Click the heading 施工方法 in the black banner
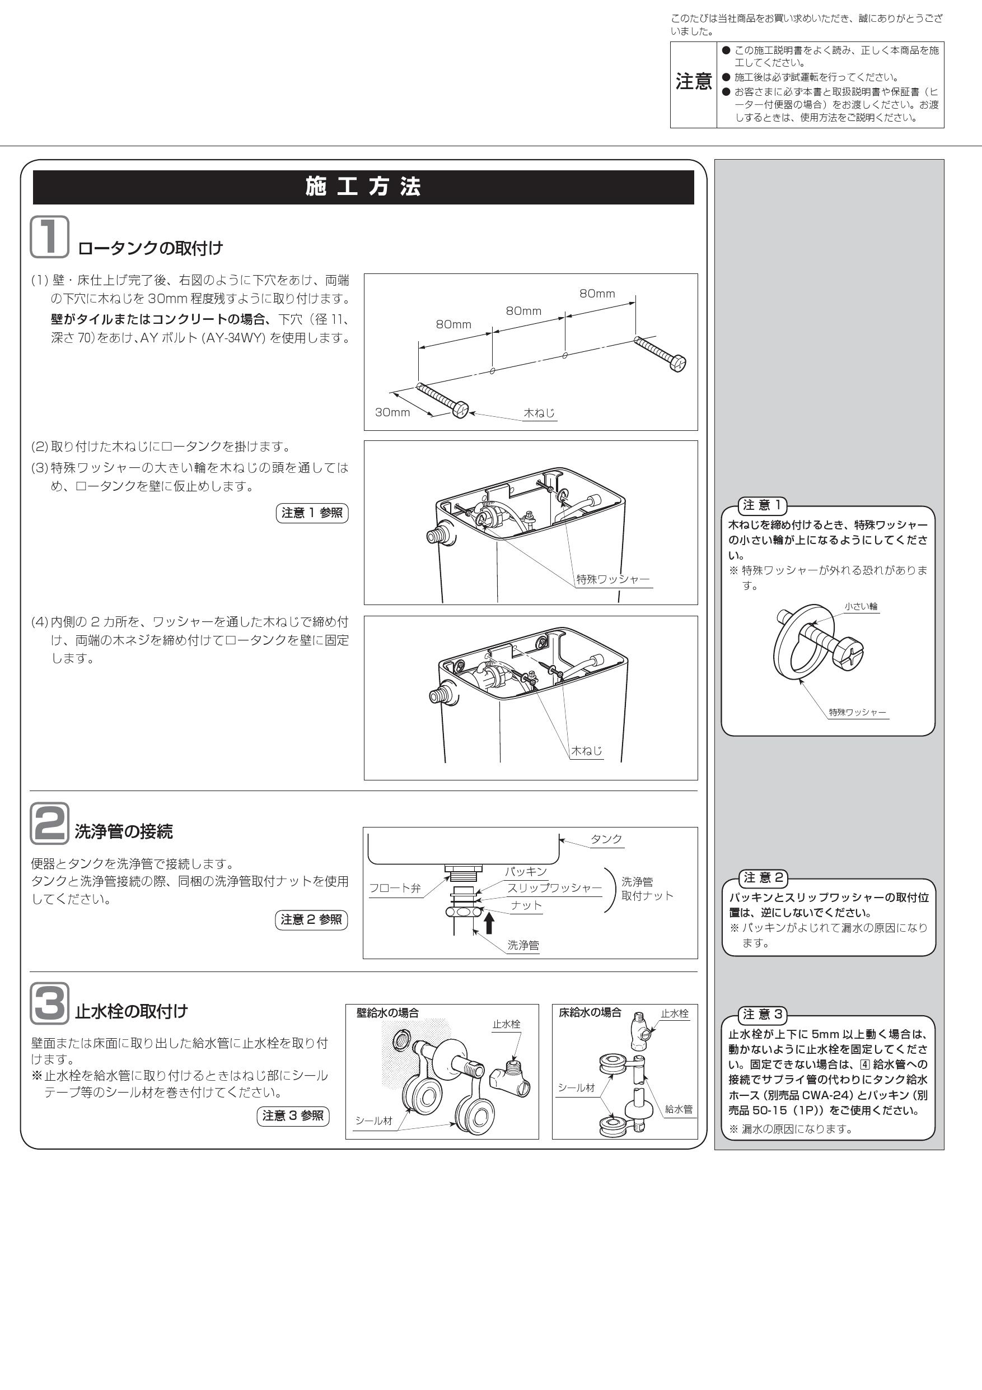coord(363,187)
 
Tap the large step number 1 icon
coord(50,237)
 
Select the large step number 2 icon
coord(50,824)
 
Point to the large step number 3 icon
coord(50,1004)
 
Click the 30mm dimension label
coord(392,412)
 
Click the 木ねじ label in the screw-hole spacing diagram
coord(539,413)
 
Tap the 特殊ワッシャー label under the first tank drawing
coord(612,579)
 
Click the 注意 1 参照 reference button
coord(312,513)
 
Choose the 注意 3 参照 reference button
coord(293,1115)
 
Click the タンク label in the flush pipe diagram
coord(606,839)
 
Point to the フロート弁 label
coord(395,888)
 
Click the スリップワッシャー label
coord(554,888)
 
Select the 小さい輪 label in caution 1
coord(861,606)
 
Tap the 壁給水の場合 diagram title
coord(387,1013)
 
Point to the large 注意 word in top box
coord(693,81)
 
